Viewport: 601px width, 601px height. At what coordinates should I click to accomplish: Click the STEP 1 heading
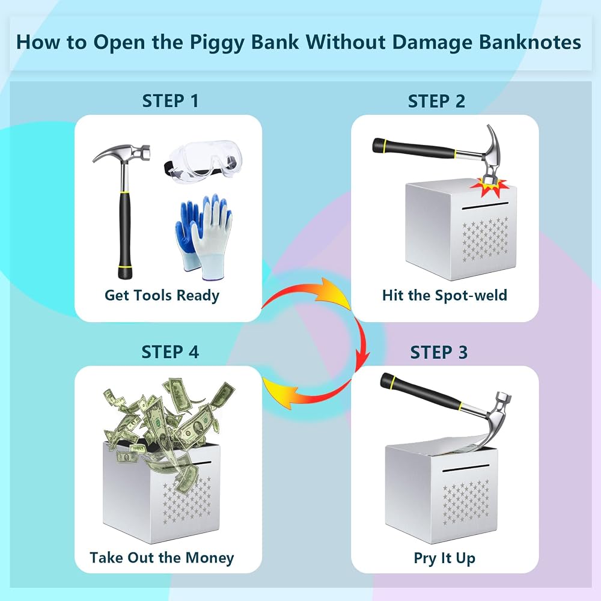tap(170, 101)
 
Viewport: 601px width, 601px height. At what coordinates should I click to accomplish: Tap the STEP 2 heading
tap(436, 101)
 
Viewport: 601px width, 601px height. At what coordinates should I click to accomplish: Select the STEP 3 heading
tap(439, 352)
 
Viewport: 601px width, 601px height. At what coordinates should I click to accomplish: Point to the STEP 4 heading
tap(170, 352)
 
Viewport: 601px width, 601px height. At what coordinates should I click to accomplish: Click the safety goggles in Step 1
tap(200, 162)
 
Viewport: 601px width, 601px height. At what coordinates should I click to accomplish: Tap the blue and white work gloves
tap(204, 236)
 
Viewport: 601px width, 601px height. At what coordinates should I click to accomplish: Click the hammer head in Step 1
tap(121, 154)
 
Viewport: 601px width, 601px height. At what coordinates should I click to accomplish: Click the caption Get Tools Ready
tap(162, 295)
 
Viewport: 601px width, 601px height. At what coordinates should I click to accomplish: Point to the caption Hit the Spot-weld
tap(445, 295)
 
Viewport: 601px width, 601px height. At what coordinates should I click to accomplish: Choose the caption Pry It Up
tap(445, 558)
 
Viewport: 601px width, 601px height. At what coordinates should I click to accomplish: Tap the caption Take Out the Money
tap(162, 558)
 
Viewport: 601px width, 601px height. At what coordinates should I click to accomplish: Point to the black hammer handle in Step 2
tap(414, 148)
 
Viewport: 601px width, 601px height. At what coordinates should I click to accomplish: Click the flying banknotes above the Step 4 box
tap(169, 422)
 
